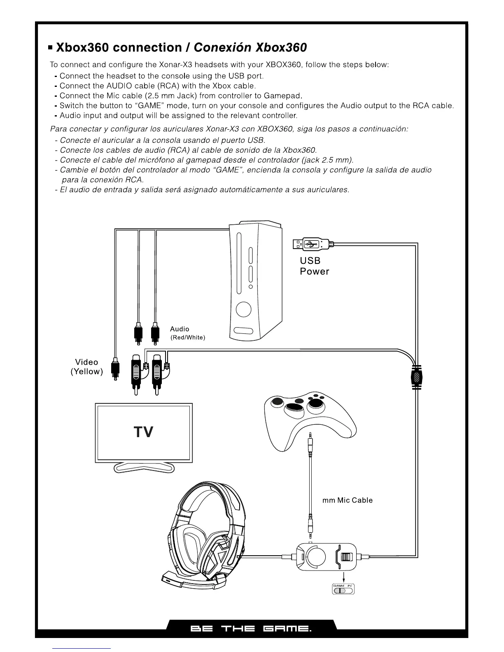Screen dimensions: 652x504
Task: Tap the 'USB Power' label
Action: pos(314,266)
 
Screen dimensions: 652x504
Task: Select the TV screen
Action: pos(144,432)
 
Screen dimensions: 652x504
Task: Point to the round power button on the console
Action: pos(244,310)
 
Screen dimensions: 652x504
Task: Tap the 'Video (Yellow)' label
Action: pos(86,367)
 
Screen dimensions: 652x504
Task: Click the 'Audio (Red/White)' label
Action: pos(187,333)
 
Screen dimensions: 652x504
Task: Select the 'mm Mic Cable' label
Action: pos(347,500)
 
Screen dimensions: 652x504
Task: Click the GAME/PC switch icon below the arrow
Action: pos(343,590)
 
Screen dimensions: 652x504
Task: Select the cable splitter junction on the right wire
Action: pos(418,377)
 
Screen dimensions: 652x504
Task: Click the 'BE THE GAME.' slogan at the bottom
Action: pos(251,629)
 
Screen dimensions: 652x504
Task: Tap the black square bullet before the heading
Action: pos(51,48)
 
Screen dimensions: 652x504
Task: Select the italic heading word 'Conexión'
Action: pos(222,47)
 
